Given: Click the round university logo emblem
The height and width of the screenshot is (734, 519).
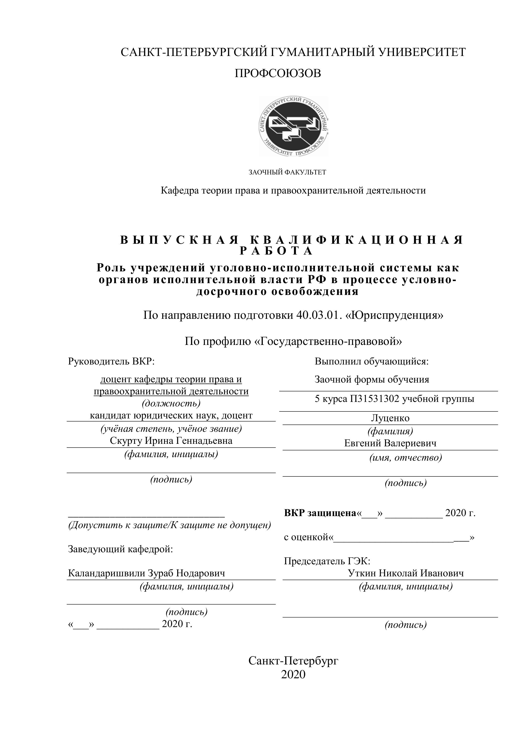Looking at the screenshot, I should pos(293,126).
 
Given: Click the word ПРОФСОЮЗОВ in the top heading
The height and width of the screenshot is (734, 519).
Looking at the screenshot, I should pos(278,74).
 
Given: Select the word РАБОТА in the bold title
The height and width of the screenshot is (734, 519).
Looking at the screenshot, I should pos(277,251).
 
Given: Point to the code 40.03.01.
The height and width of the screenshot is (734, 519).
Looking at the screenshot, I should pos(317,315).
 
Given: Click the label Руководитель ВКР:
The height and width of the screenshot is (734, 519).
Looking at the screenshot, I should pos(111,361).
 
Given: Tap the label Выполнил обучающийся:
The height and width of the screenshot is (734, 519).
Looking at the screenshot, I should pos(371,361).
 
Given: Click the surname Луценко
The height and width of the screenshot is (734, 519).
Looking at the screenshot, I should pos(390,418).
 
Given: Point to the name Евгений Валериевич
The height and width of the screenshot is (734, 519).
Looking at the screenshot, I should pos(390,443).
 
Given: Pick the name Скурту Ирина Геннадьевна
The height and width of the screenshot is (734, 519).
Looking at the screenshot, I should pos(171,441).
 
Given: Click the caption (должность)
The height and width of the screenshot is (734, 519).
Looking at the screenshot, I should pos(171,403).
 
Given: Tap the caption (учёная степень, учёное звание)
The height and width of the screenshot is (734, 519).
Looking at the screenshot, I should pos(171,429).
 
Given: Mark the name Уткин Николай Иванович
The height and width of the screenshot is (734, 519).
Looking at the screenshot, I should pos(406,573).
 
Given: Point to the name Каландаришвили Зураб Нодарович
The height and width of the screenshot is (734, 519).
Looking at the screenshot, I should pos(146,573).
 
